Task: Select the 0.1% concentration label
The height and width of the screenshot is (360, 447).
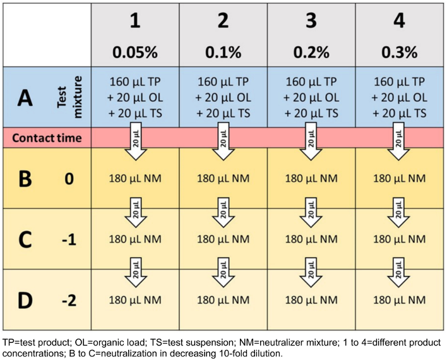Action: [223, 51]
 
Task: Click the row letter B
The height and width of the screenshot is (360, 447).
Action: [23, 179]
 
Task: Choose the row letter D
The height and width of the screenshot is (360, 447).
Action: [23, 300]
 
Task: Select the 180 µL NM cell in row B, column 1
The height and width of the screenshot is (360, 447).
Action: [135, 179]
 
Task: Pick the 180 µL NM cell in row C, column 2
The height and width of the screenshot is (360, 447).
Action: [223, 240]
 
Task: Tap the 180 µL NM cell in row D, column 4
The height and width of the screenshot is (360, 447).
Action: [399, 300]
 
